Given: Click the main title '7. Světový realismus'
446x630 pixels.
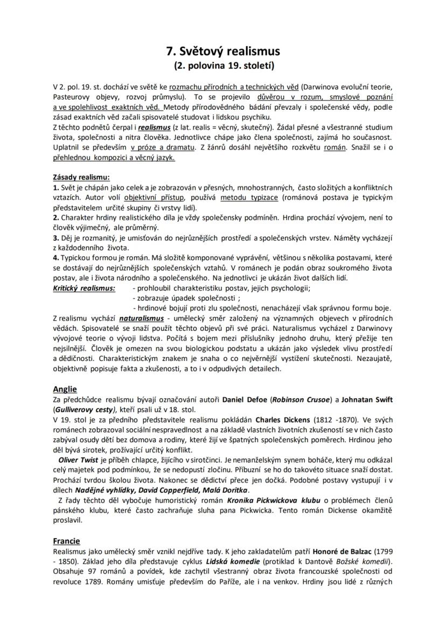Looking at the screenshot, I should point(223,52).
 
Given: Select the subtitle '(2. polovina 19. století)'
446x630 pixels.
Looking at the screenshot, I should point(223,66).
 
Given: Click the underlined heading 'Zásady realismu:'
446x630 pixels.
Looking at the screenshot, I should point(81,177).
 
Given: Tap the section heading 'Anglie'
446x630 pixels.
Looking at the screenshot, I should point(65,389).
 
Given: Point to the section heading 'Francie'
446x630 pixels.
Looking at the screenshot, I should point(66,541).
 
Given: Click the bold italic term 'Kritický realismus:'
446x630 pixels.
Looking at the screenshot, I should point(83,288).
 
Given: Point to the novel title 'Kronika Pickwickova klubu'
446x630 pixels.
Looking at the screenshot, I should point(273,500).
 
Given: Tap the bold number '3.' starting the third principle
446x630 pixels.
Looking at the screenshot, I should point(56,237).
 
